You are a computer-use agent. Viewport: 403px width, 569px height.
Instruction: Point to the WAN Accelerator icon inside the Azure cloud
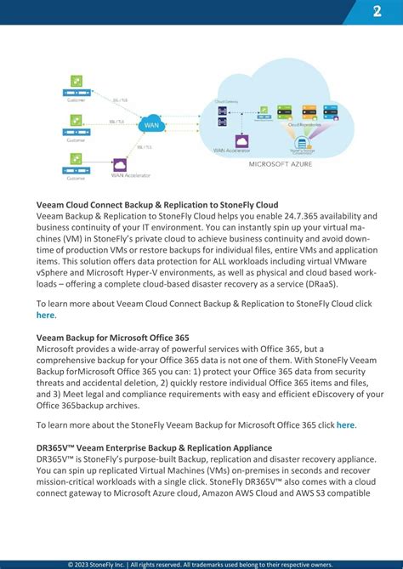(241, 139)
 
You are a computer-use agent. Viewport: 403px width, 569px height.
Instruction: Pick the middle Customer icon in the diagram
(76, 122)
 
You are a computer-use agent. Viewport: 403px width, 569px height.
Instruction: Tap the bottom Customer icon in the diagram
(76, 160)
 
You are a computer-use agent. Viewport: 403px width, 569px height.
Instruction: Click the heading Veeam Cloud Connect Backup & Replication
(157, 205)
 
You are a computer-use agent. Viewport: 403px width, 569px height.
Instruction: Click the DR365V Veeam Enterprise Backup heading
(154, 447)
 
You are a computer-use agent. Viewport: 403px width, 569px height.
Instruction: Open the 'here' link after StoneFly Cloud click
(45, 315)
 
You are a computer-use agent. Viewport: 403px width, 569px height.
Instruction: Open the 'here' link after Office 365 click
(346, 424)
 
